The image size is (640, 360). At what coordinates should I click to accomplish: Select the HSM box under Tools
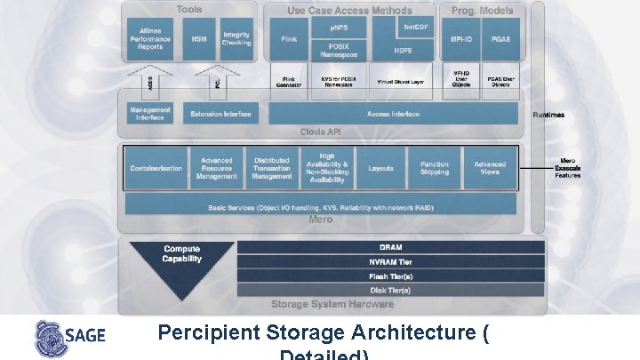198,40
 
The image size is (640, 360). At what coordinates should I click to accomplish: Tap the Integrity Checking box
236,40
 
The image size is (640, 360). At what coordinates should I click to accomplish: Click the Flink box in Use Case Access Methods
288,40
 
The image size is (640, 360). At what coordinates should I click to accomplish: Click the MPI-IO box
461,40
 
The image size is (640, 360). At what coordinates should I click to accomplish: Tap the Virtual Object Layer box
401,81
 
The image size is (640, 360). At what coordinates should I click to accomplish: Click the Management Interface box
150,114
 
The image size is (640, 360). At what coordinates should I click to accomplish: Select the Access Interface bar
393,114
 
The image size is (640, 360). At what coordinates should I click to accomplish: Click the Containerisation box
156,168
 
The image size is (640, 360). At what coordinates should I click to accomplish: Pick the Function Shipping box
435,168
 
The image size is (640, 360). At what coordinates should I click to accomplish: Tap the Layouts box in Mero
381,168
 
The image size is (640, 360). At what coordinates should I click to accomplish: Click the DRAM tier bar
390,248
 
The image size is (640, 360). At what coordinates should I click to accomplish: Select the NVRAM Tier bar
390,262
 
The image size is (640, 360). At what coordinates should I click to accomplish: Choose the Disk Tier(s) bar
390,290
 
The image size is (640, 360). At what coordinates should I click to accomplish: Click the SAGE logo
69,337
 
